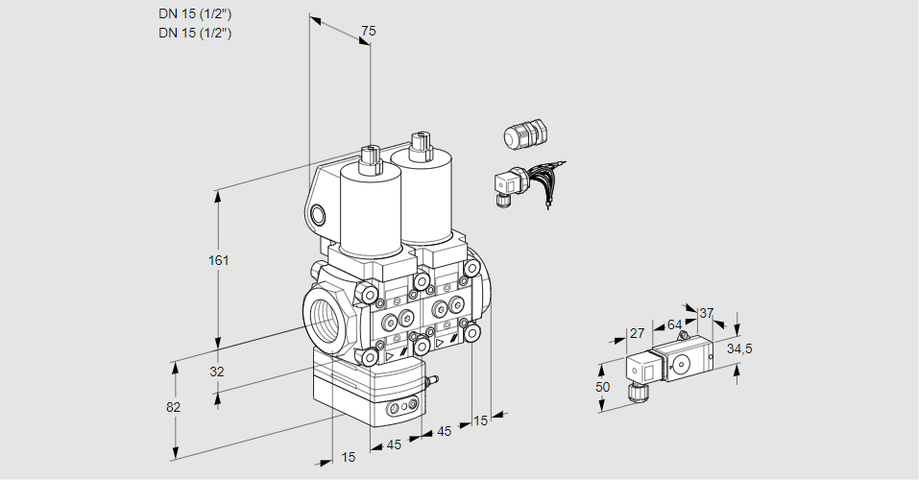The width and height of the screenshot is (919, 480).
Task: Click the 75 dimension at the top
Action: [x=367, y=32]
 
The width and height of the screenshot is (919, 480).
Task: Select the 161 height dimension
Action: [x=221, y=260]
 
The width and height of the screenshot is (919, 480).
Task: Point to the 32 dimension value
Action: [x=217, y=372]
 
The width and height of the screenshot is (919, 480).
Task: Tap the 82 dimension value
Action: [x=173, y=407]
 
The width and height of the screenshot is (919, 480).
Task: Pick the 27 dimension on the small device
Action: [x=636, y=333]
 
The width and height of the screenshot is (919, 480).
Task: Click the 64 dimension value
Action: [x=674, y=324]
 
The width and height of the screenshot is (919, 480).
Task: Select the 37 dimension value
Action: [x=707, y=313]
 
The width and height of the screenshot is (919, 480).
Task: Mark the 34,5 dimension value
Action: [x=738, y=348]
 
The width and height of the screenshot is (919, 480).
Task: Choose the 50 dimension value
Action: [x=602, y=387]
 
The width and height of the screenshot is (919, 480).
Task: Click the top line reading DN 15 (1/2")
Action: [x=196, y=13]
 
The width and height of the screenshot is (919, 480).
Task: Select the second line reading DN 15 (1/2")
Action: [x=196, y=33]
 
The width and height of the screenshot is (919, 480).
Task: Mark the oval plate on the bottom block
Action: [x=402, y=409]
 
